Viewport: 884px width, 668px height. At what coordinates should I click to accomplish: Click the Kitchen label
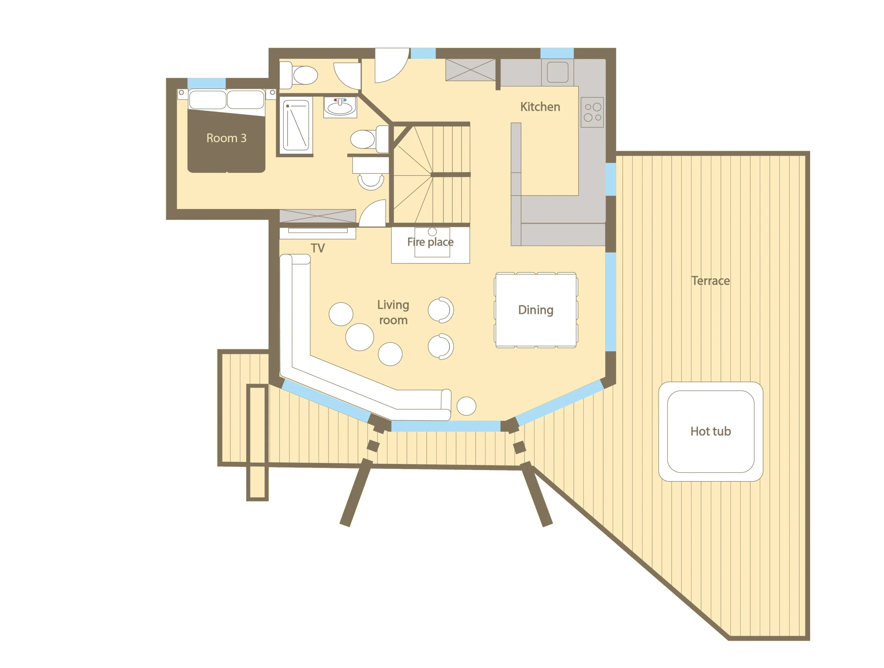[540, 107]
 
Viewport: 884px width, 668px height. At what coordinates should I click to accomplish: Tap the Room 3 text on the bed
[226, 138]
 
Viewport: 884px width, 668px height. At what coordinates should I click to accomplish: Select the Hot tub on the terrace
[711, 431]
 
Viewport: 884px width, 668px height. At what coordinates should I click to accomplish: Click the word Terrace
[711, 280]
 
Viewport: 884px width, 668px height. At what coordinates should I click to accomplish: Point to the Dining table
[536, 310]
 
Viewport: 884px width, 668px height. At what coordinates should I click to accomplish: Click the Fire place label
[430, 242]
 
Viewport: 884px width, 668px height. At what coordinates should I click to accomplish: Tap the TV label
[318, 248]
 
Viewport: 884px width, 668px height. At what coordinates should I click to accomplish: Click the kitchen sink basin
[557, 72]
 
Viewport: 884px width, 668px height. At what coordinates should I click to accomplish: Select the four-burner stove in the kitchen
[592, 112]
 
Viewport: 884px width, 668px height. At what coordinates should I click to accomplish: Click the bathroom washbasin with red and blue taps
[340, 107]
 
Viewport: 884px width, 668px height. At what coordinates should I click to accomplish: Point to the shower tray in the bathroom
[296, 125]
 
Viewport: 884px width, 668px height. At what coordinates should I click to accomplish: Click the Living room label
[393, 312]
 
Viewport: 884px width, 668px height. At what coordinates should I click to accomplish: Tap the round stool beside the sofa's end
[467, 406]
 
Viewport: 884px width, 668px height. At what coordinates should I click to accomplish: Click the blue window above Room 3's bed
[206, 83]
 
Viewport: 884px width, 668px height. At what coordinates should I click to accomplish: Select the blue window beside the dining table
[611, 302]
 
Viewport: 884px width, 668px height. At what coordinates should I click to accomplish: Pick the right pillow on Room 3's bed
[246, 99]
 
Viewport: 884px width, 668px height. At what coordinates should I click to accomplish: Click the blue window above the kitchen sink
[557, 53]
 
